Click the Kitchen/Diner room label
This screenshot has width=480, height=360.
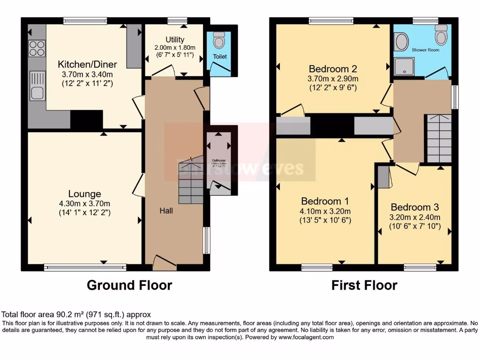[87, 64]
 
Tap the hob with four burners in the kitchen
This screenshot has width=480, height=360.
[37, 48]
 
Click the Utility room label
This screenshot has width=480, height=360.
[175, 39]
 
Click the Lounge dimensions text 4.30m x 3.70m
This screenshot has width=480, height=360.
[84, 203]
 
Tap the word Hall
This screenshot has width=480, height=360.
[166, 210]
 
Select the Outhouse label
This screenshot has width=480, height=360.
[219, 160]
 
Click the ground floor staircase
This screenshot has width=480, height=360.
[189, 180]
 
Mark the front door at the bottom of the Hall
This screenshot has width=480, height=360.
[165, 263]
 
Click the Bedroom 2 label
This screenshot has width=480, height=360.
[333, 68]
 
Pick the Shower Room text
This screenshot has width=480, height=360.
[426, 49]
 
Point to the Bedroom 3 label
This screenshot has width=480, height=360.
[414, 207]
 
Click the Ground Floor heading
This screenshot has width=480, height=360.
[129, 285]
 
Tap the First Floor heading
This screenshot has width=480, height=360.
[364, 285]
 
